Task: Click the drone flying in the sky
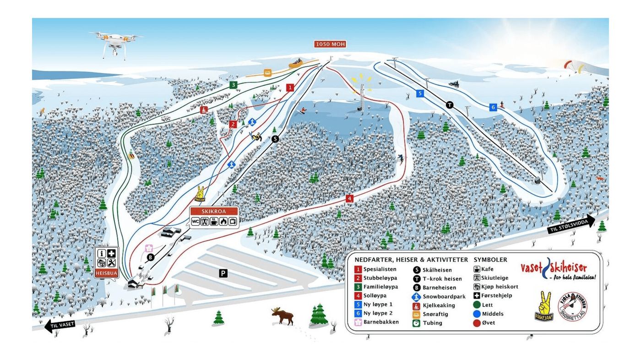(115, 43)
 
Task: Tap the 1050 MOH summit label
(330, 44)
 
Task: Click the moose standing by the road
(282, 316)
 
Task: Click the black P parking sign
(223, 273)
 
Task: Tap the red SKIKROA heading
(214, 212)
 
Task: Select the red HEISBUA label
(106, 273)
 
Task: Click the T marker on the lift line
(450, 105)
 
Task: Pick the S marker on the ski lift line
(275, 139)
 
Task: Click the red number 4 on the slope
(350, 198)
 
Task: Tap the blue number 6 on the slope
(493, 107)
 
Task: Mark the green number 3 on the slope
(234, 85)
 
